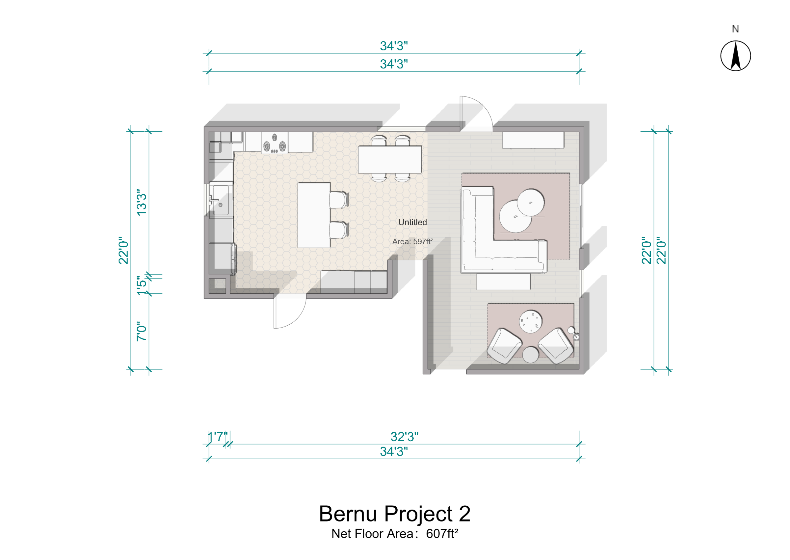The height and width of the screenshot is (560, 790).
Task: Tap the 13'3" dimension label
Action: tap(142, 202)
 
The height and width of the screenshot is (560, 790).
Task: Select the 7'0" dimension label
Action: tap(142, 331)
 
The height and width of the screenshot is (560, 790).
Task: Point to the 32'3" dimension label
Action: tap(404, 437)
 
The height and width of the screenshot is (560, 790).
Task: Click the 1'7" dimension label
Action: tap(218, 437)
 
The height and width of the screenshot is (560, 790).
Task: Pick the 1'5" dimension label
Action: tap(142, 285)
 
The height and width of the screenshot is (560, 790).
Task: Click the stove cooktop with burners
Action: tap(275, 143)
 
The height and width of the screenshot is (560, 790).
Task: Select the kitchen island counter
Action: tap(314, 215)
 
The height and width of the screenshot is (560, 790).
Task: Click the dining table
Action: tap(389, 159)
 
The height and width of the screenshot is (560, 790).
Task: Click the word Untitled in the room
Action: tap(412, 222)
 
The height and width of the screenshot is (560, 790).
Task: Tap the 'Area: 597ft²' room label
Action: tap(412, 241)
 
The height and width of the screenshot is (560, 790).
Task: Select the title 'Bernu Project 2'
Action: tap(394, 514)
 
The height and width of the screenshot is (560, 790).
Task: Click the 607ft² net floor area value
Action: tap(442, 533)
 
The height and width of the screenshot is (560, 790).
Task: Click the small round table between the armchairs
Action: tap(531, 355)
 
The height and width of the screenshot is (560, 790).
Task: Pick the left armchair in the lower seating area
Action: tap(504, 346)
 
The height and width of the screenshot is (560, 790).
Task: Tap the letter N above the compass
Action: tap(735, 29)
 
